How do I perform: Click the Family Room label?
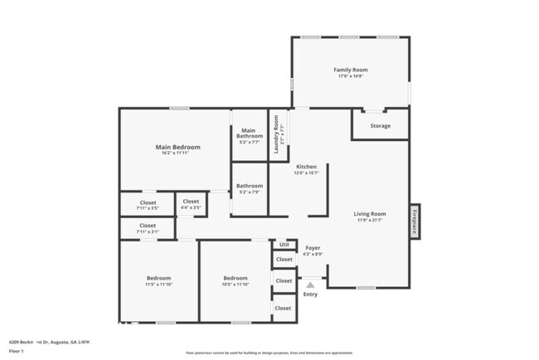coord(350,70)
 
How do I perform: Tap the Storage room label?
coord(380,126)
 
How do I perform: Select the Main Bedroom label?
coord(178,147)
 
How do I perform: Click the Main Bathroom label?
coord(250,133)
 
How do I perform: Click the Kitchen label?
coord(306,167)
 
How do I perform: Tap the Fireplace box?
coord(414,221)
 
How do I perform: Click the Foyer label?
coord(312,247)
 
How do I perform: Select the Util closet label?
coord(284,244)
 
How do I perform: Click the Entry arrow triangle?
coord(310,284)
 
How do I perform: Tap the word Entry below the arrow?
coord(310,294)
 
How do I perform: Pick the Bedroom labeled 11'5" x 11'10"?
coord(158,278)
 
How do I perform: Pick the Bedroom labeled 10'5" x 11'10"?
coord(235,278)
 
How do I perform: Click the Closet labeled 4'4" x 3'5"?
coord(191,202)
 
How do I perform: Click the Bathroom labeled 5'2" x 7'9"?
coord(250,186)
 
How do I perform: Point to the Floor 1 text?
coord(17,350)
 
